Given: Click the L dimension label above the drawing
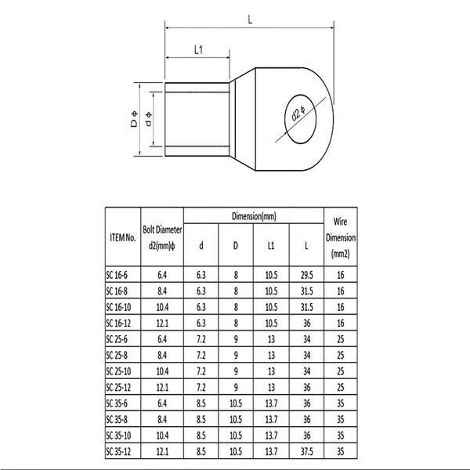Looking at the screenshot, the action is coord(250,20).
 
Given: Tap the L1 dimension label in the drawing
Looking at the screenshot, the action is coord(198,50).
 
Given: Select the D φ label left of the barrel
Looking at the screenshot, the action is coord(134,119).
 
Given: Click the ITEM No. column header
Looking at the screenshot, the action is coord(123,237).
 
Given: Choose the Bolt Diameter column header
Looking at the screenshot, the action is coord(162,237).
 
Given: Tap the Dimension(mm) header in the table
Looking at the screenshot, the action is coord(254,216).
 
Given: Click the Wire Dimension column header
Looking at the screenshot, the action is coord(341,237).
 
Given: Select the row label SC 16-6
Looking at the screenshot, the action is coord(117,275).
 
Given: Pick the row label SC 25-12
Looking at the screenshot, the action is coord(118,387).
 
